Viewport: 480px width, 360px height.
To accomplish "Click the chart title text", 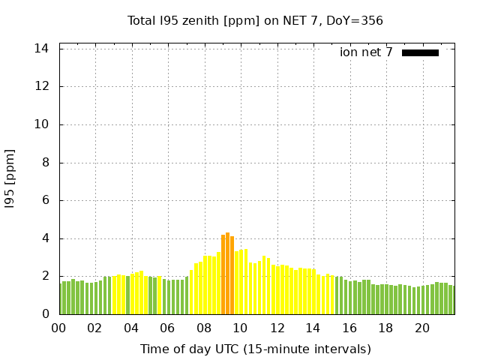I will (255, 20).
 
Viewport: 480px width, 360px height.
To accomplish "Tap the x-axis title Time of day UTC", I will (255, 349).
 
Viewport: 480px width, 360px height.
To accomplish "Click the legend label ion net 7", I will (366, 52).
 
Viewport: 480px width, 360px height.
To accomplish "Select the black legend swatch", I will (420, 52).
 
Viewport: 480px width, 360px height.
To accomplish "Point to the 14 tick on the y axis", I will (42, 48).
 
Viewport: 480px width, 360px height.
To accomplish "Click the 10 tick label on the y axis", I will (42, 124).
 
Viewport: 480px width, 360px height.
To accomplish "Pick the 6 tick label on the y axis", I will (46, 201).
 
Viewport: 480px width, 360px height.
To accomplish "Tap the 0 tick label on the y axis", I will (46, 315).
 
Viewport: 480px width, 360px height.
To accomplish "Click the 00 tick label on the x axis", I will (58, 328).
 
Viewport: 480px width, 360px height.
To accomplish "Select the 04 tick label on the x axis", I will (131, 328).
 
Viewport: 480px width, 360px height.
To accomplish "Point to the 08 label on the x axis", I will (204, 328).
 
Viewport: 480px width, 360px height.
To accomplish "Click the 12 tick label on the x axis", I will (277, 328).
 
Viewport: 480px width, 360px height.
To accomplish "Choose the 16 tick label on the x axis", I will (349, 328).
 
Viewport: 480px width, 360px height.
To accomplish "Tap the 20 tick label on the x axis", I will (422, 328).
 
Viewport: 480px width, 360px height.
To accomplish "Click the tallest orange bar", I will (228, 274).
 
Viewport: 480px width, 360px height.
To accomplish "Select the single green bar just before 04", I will (127, 295).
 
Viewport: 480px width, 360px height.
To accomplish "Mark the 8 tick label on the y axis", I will (46, 163).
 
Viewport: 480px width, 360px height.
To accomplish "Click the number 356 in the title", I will (372, 20).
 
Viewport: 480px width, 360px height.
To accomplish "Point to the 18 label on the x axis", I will (385, 328).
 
